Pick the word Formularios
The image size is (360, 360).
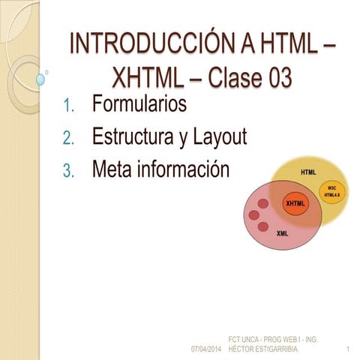click(x=139, y=104)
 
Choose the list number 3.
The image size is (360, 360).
click(x=67, y=171)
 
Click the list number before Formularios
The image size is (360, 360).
click(x=67, y=106)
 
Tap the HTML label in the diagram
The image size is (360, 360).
click(x=308, y=172)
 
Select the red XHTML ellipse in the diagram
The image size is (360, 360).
click(x=296, y=203)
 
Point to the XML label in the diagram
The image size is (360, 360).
click(x=282, y=233)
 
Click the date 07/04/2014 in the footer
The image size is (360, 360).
click(x=206, y=350)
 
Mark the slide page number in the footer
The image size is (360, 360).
click(x=349, y=350)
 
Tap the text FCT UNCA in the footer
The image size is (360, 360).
click(x=246, y=340)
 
